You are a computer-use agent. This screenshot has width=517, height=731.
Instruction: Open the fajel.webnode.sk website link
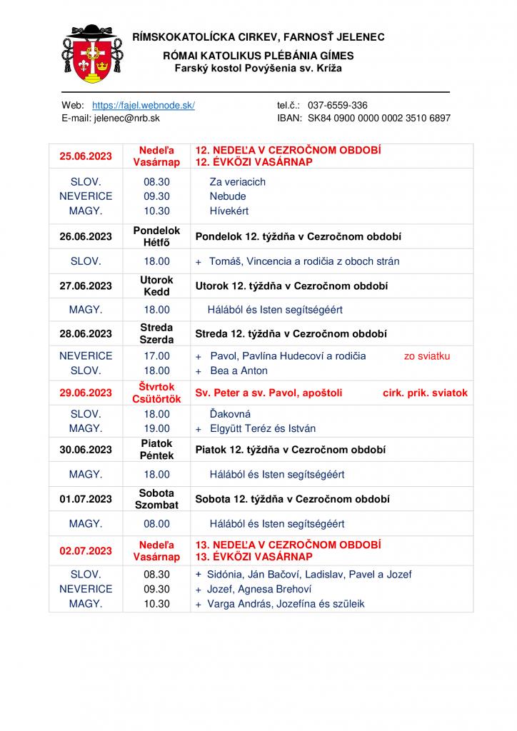[144, 105]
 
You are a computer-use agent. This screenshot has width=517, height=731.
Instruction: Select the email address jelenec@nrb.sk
[126, 118]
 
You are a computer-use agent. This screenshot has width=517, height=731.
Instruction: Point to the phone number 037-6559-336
[338, 105]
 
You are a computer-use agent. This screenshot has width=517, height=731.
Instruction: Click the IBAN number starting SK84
[379, 118]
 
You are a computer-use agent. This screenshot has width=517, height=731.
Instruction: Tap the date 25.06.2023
[86, 156]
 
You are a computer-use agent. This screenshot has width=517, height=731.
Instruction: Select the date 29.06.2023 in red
[86, 393]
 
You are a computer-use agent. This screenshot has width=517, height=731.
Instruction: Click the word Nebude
[228, 196]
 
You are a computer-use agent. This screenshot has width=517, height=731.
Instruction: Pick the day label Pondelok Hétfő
[156, 236]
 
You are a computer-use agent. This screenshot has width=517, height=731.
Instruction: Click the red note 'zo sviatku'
[427, 356]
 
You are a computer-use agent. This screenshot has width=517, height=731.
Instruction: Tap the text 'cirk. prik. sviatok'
[425, 393]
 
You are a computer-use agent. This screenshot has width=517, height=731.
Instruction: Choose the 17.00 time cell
[157, 356]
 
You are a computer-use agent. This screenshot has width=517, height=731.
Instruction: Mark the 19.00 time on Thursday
[157, 429]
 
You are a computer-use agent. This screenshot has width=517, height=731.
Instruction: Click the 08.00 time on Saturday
[157, 523]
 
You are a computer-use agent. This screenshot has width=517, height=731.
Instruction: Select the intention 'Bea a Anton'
[239, 370]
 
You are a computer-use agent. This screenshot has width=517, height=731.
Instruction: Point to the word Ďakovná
[230, 414]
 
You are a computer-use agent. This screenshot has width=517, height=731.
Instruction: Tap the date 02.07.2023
[86, 550]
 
